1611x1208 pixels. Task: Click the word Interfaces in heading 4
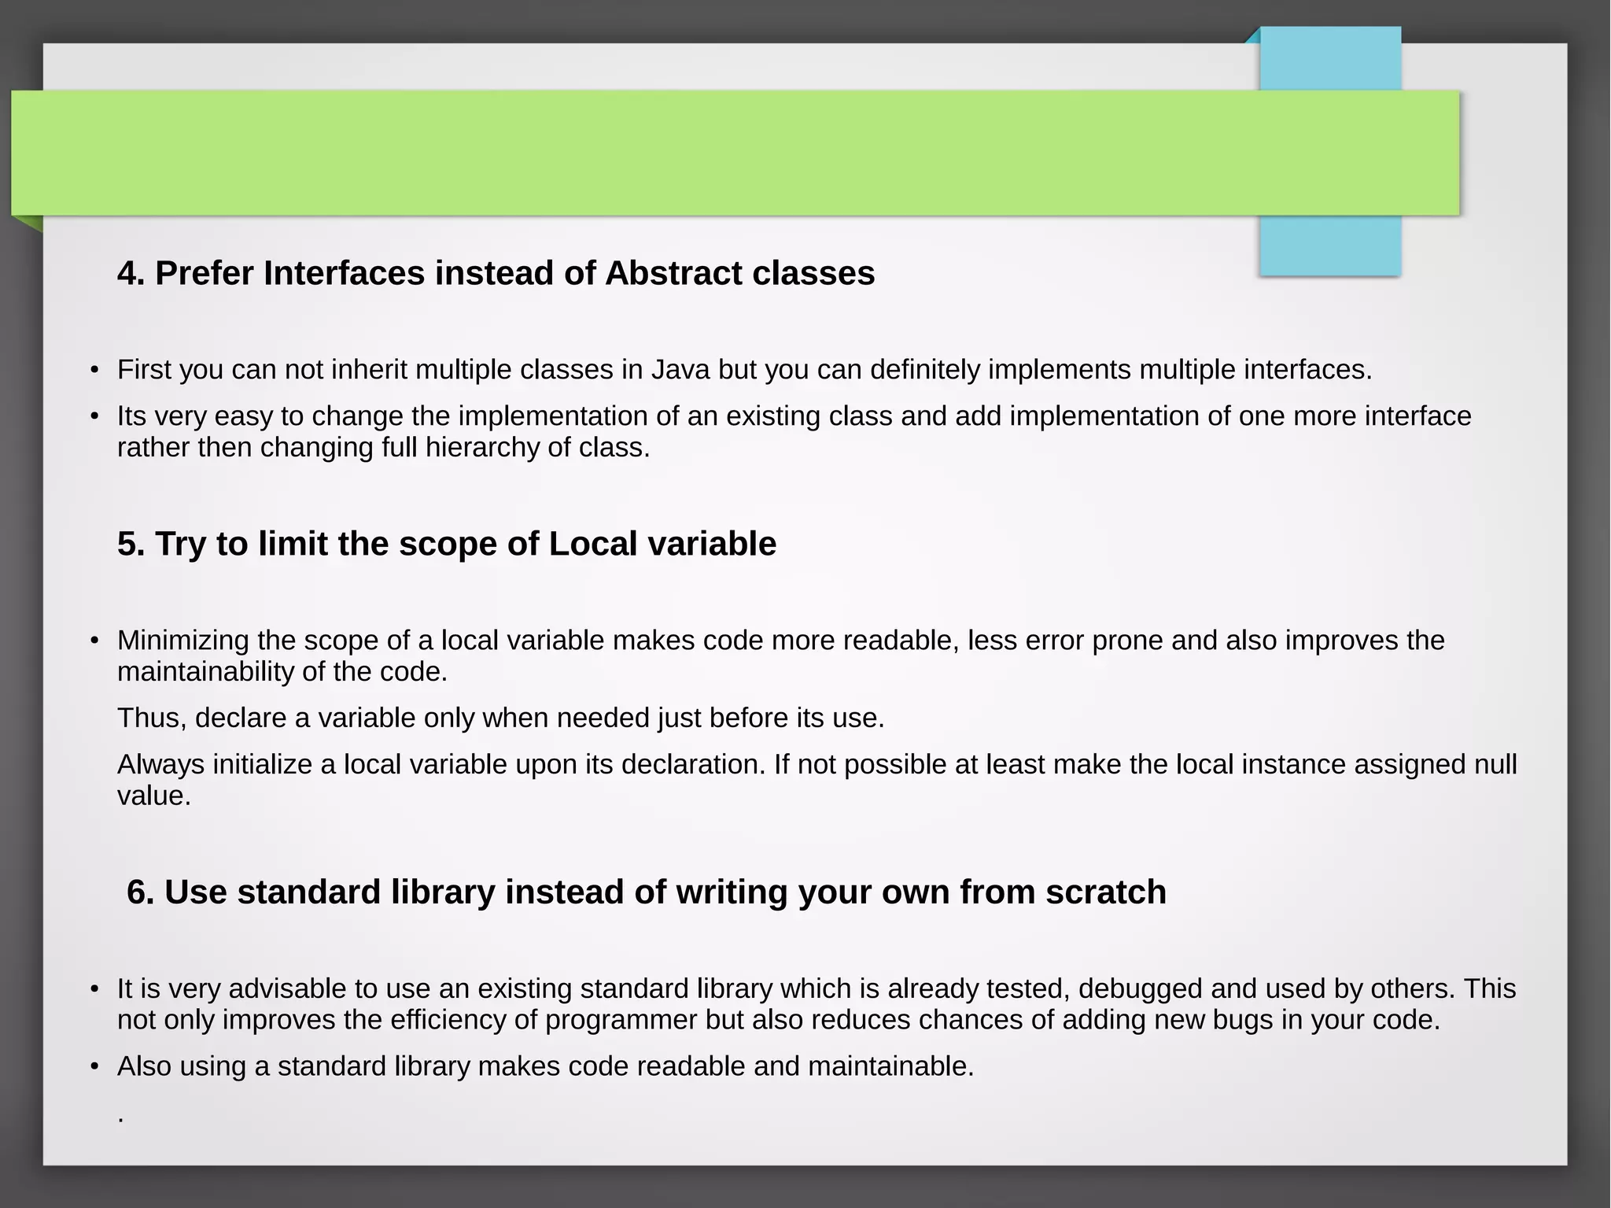[x=344, y=274]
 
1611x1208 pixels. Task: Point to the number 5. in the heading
[x=131, y=545]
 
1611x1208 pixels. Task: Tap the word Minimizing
[x=183, y=641]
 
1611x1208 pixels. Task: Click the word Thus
[x=151, y=719]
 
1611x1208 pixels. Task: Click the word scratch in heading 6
[x=1105, y=892]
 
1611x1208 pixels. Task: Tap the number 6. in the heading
[x=141, y=892]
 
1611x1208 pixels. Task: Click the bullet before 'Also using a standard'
[x=94, y=1067]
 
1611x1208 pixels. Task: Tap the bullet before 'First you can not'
[x=94, y=370]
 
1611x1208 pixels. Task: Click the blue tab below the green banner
[x=1330, y=246]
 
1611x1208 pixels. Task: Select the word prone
[x=1126, y=641]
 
